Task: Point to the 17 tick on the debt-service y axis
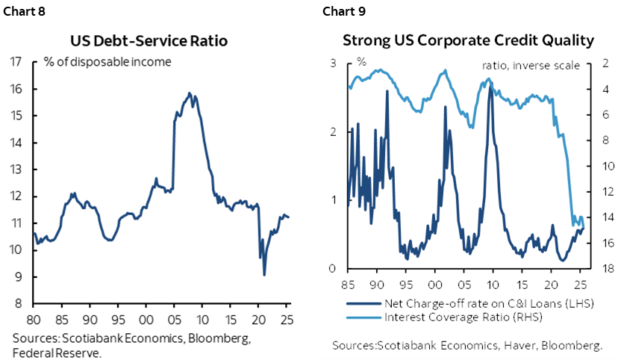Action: tap(14, 62)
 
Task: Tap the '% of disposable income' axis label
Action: tap(107, 62)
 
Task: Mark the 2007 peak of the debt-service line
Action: tap(189, 93)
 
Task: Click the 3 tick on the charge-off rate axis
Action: tap(333, 64)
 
